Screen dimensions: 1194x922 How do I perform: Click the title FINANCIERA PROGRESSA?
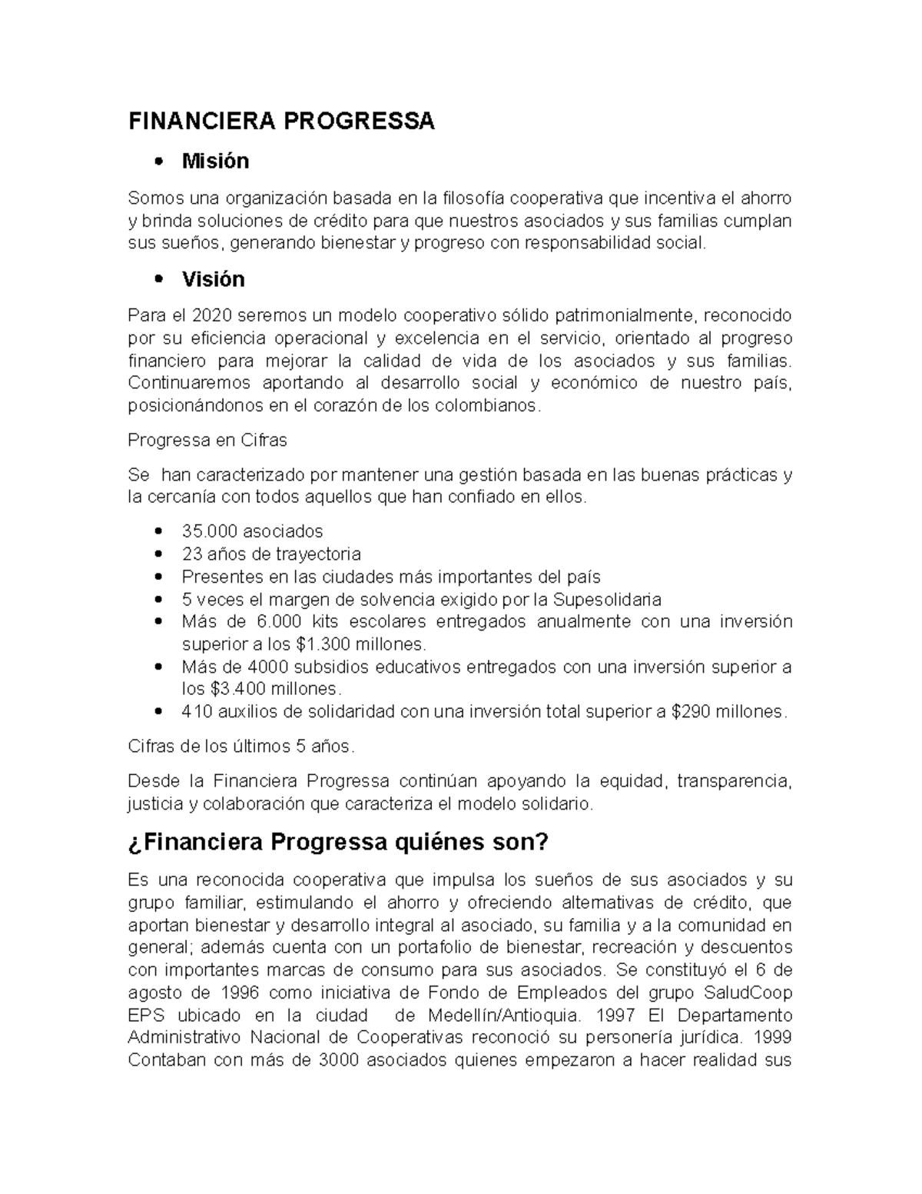[x=280, y=121]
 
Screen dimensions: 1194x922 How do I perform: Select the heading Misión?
[x=215, y=161]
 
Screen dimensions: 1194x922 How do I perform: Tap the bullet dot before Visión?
[x=159, y=280]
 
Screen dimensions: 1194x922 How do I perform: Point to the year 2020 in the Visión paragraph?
[x=212, y=316]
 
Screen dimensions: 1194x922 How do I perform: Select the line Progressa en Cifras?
[x=207, y=441]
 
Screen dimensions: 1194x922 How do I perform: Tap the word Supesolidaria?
[x=607, y=599]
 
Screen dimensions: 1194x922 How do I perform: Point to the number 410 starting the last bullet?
[x=197, y=712]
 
